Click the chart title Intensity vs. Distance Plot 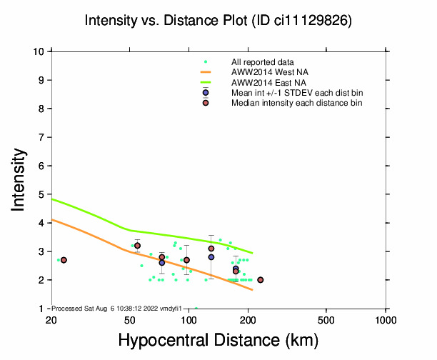pos(218,21)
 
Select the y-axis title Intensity pos(20,179)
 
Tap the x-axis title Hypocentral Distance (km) pos(218,339)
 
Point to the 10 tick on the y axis pos(41,51)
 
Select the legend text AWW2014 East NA pos(265,83)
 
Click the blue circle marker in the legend pos(206,93)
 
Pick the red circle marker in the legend pos(206,103)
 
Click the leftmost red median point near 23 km pos(64,260)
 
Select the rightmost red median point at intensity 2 pos(260,280)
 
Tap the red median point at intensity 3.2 pos(137,246)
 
